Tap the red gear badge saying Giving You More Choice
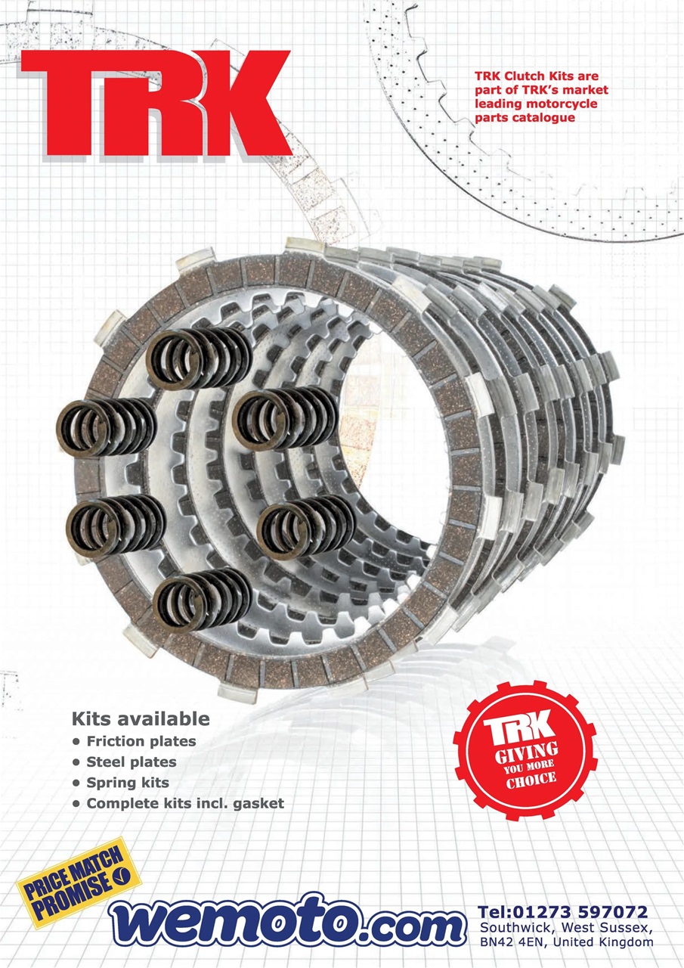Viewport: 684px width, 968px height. [x=525, y=751]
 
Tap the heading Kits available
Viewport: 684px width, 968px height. [x=141, y=718]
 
